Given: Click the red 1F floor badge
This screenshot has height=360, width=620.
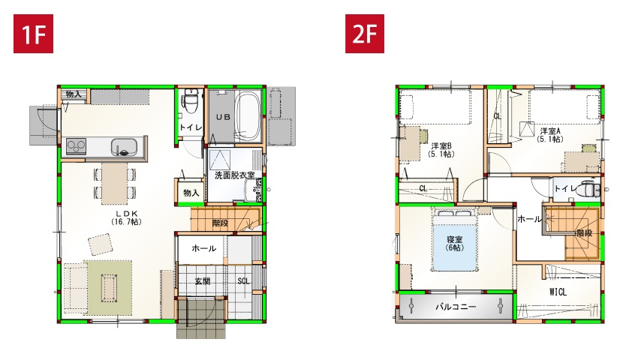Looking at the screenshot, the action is click(x=33, y=34).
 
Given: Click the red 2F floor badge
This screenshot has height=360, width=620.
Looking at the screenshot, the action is click(x=365, y=34).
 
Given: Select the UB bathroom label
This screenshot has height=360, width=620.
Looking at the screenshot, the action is click(x=223, y=117).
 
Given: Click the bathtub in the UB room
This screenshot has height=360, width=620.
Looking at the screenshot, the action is click(x=248, y=116).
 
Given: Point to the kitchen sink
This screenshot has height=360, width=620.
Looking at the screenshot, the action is click(x=124, y=147).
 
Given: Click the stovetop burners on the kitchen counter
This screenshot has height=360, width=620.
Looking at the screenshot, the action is click(x=76, y=147).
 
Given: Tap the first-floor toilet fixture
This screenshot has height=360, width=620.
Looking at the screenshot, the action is click(x=191, y=102).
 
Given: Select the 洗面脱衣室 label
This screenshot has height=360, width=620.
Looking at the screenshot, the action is click(x=234, y=175).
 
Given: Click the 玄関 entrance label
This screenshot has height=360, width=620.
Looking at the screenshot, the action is click(x=203, y=281).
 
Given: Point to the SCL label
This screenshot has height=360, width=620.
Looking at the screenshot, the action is click(x=243, y=281).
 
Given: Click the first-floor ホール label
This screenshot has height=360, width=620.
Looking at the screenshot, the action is click(x=204, y=248).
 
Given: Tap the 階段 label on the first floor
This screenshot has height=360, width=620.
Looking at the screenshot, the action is click(x=220, y=223).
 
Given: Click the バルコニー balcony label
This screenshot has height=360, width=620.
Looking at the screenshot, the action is click(x=456, y=307).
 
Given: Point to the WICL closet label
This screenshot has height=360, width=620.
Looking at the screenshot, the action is click(x=558, y=292).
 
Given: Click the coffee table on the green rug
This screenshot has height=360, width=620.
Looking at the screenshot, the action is click(x=108, y=283).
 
